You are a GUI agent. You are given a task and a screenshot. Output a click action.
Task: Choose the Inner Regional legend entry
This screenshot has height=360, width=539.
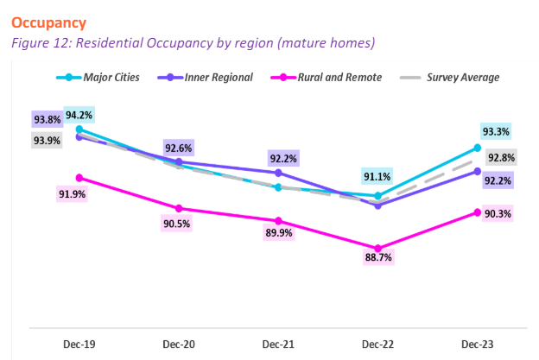(x=216, y=77)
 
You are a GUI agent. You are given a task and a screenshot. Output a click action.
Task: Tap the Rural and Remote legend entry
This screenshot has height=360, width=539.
(x=332, y=77)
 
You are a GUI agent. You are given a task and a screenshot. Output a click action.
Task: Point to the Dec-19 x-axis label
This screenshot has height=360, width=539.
(x=79, y=344)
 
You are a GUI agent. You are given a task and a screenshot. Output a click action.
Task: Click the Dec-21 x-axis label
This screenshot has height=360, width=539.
(x=277, y=344)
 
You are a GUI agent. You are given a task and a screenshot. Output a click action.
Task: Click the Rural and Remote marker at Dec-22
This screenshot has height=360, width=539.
(x=377, y=249)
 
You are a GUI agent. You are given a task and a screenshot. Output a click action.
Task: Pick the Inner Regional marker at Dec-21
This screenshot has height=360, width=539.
(x=277, y=173)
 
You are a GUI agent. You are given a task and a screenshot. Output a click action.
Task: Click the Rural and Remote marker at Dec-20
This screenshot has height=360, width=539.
(x=178, y=208)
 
